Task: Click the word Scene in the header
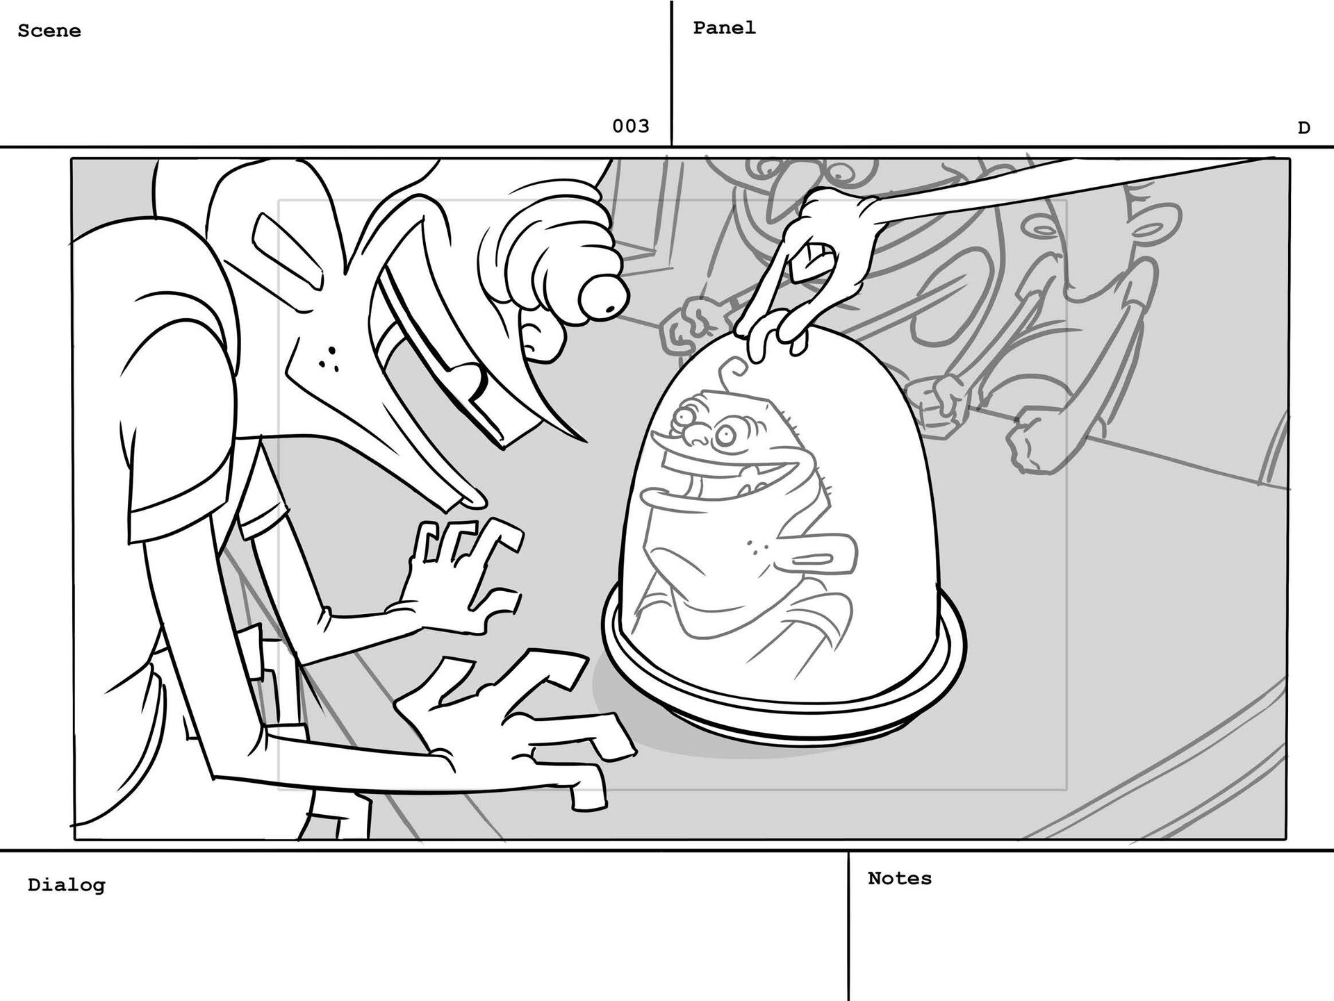pos(49,31)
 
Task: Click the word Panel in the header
pos(724,28)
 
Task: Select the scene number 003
pos(630,126)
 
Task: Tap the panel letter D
pos(1303,129)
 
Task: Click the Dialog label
pos(66,885)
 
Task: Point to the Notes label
pos(899,879)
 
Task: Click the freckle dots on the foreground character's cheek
pos(327,358)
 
